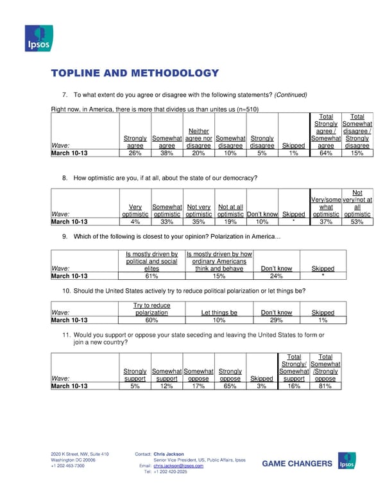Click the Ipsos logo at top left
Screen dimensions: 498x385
click(x=38, y=39)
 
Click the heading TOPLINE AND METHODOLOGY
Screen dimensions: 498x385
click(x=135, y=74)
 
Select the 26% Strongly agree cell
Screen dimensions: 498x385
click(x=135, y=154)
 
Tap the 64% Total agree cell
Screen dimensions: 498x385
click(x=325, y=154)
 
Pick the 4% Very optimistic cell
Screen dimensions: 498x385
click(x=135, y=222)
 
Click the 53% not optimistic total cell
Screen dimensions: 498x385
click(x=357, y=222)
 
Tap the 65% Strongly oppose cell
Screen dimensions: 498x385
click(x=230, y=386)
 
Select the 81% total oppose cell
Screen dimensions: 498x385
click(x=325, y=386)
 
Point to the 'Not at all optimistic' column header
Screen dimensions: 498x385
click(x=230, y=210)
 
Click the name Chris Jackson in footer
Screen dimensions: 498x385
click(x=169, y=454)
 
